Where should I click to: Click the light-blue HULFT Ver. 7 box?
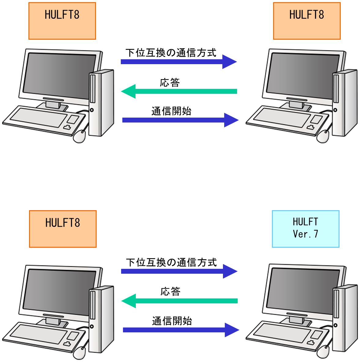[x=306, y=229]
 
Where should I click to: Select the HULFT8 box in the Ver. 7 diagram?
[x=63, y=229]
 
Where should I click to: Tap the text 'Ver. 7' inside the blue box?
[x=306, y=234]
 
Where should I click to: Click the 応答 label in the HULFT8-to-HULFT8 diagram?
[x=170, y=82]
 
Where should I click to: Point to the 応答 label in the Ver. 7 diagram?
[x=170, y=291]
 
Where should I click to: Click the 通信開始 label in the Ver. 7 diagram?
[x=172, y=321]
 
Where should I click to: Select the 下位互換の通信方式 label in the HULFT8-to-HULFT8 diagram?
[x=171, y=53]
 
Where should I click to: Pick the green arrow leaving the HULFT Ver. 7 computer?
[x=180, y=301]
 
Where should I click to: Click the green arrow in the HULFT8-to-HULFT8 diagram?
[x=179, y=91]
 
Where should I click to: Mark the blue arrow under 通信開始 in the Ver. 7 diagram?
[x=181, y=330]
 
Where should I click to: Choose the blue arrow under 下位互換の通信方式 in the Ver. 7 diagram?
[x=179, y=271]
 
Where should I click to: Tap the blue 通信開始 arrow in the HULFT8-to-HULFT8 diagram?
[x=180, y=120]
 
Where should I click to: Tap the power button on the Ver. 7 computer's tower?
[x=335, y=325]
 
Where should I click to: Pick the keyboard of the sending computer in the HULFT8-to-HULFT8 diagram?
[x=44, y=120]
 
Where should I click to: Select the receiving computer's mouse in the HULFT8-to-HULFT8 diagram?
[x=323, y=137]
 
